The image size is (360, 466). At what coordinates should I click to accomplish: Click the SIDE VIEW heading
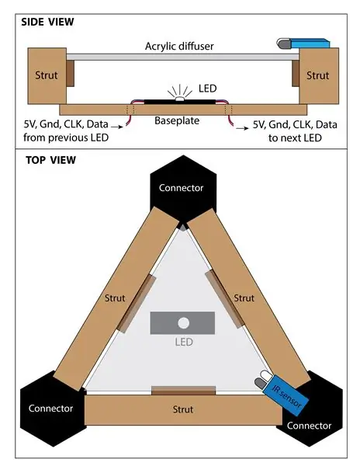(47, 22)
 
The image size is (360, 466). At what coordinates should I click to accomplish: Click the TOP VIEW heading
(50, 160)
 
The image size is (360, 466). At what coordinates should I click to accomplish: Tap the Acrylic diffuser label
(179, 47)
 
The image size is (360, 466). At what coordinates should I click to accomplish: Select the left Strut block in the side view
(47, 76)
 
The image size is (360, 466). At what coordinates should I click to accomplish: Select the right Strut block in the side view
(319, 76)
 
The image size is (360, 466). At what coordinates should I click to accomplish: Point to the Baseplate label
(177, 120)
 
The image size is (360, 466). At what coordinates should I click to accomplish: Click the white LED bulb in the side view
(179, 99)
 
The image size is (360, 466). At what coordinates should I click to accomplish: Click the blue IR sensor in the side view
(310, 43)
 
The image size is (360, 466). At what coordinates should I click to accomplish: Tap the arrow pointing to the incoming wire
(117, 127)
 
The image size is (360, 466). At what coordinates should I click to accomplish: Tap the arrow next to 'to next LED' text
(243, 128)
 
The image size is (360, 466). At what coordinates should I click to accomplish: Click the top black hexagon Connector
(183, 189)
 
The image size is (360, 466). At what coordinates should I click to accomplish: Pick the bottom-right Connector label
(309, 426)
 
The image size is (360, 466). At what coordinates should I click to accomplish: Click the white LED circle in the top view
(183, 323)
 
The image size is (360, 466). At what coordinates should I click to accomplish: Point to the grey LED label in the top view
(184, 342)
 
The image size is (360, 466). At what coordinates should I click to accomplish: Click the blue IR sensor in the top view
(286, 395)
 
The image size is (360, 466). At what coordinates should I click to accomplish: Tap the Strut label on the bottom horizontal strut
(183, 409)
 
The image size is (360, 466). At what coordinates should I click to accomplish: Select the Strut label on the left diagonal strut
(115, 298)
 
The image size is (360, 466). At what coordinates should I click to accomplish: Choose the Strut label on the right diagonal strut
(244, 298)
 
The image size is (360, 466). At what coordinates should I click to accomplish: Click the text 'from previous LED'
(66, 137)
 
